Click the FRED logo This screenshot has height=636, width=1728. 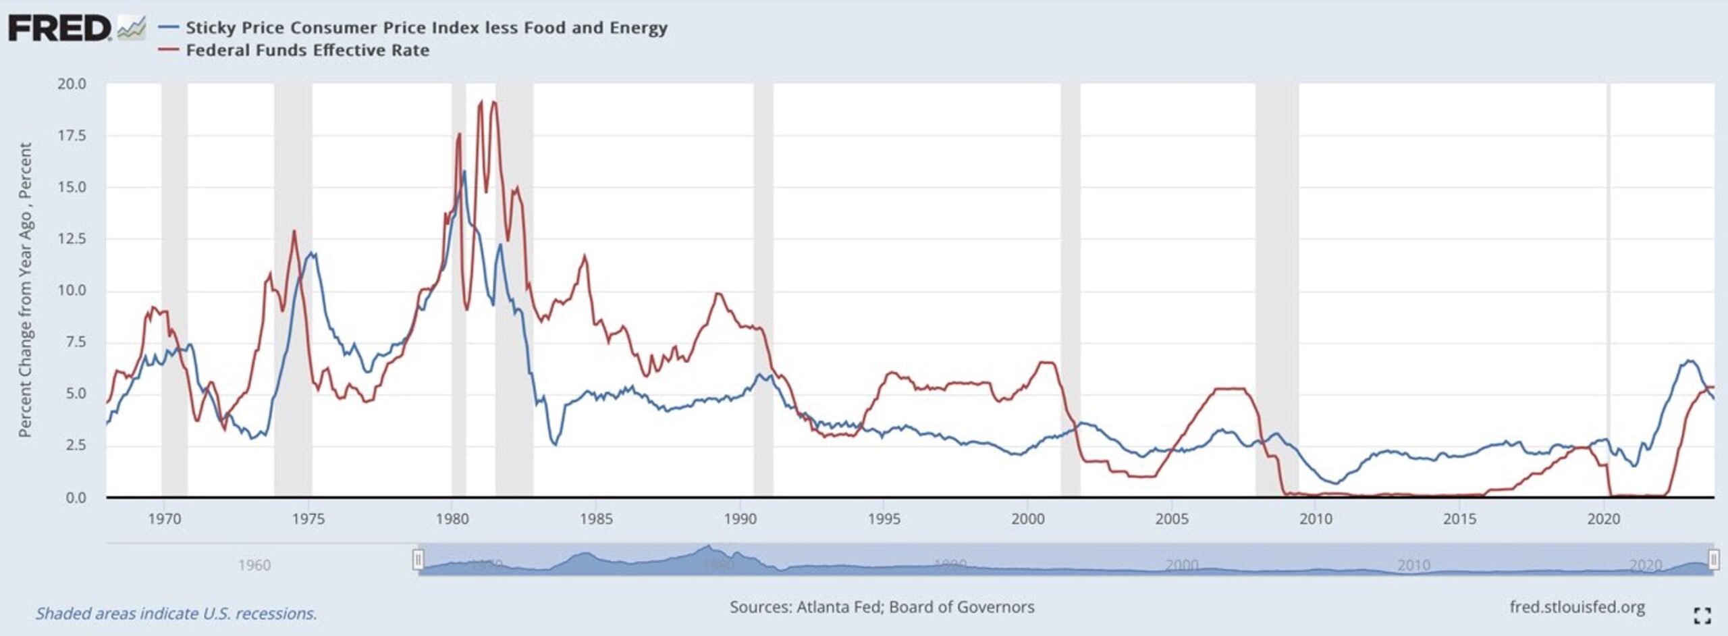click(x=59, y=29)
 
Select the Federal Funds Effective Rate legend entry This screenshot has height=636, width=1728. click(x=307, y=51)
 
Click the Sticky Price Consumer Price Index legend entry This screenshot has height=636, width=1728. click(x=426, y=28)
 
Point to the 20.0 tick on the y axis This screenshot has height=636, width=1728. click(x=72, y=84)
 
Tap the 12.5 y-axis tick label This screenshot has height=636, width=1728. click(x=72, y=239)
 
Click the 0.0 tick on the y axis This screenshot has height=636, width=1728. click(x=76, y=498)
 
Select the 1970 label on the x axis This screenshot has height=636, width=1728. click(x=164, y=519)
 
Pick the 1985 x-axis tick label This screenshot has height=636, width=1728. click(x=596, y=519)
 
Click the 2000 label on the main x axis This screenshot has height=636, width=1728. click(x=1027, y=519)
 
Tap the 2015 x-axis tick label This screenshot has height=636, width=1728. click(x=1459, y=519)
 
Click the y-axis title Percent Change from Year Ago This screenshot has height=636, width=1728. click(x=25, y=290)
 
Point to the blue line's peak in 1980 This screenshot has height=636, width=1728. click(x=464, y=171)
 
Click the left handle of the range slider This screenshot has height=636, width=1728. click(x=418, y=560)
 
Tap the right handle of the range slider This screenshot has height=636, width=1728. click(x=1714, y=560)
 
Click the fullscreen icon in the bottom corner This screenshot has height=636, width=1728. click(x=1702, y=615)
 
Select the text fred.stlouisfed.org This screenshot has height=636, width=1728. click(x=1577, y=607)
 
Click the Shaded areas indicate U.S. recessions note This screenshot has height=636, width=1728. click(x=176, y=614)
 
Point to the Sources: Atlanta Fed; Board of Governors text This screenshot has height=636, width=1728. click(x=882, y=607)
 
